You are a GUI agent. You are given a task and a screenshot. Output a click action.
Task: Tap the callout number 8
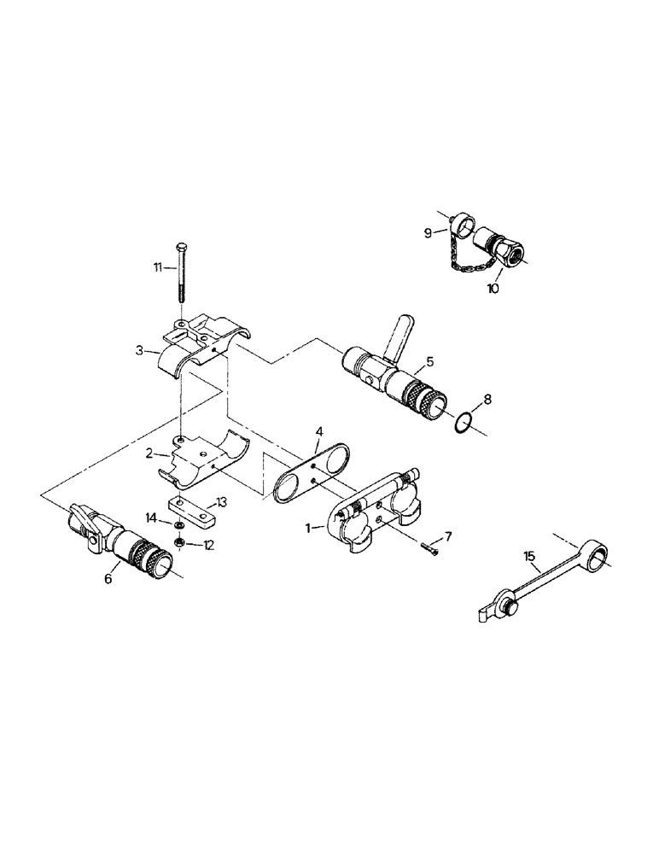(x=487, y=399)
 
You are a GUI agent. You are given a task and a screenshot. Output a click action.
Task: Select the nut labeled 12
(x=180, y=542)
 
